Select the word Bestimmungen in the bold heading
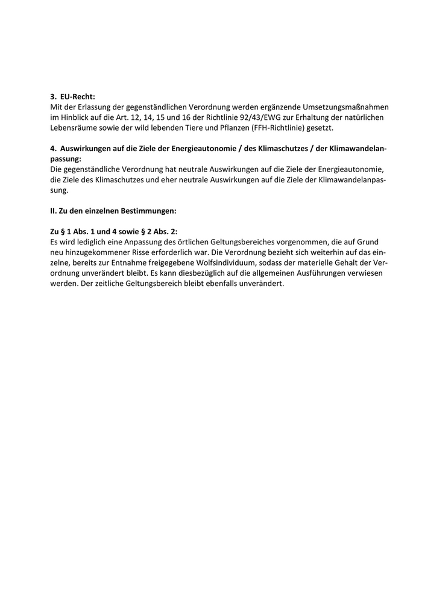coord(149,211)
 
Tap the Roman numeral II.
coord(53,211)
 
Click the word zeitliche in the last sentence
coord(99,284)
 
